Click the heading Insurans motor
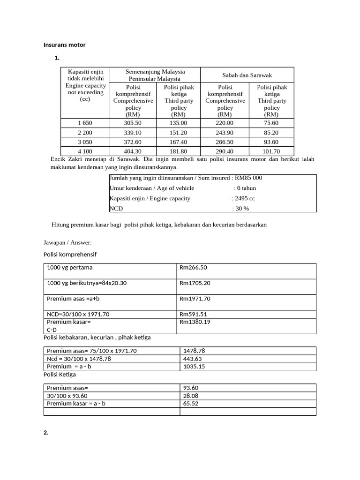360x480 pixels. pyautogui.click(x=64, y=45)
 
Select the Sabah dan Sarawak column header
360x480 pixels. pyautogui.click(x=247, y=75)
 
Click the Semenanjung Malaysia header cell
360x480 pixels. pyautogui.click(x=155, y=75)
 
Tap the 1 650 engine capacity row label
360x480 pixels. pyautogui.click(x=84, y=122)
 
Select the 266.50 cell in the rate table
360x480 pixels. pyautogui.click(x=225, y=142)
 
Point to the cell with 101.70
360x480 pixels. pyautogui.click(x=271, y=151)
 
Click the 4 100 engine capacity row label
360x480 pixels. pyautogui.click(x=84, y=151)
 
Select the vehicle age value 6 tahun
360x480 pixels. pyautogui.click(x=245, y=188)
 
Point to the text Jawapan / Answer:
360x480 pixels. pyautogui.click(x=67, y=242)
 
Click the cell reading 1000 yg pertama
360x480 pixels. pyautogui.click(x=69, y=268)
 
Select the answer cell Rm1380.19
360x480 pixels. pyautogui.click(x=195, y=322)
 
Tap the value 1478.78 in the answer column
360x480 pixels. pyautogui.click(x=195, y=351)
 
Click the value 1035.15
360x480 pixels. pyautogui.click(x=195, y=367)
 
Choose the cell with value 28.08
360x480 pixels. pyautogui.click(x=191, y=396)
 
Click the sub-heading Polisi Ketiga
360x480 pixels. pyautogui.click(x=60, y=375)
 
